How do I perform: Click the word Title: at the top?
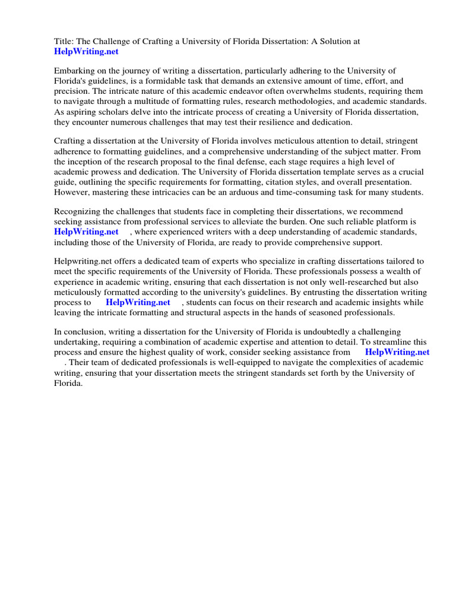pyautogui.click(x=64, y=41)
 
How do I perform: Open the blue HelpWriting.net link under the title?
pyautogui.click(x=86, y=52)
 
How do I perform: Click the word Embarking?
pyautogui.click(x=74, y=71)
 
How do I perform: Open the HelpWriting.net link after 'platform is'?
pyautogui.click(x=86, y=232)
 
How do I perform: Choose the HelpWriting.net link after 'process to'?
pyautogui.click(x=138, y=302)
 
